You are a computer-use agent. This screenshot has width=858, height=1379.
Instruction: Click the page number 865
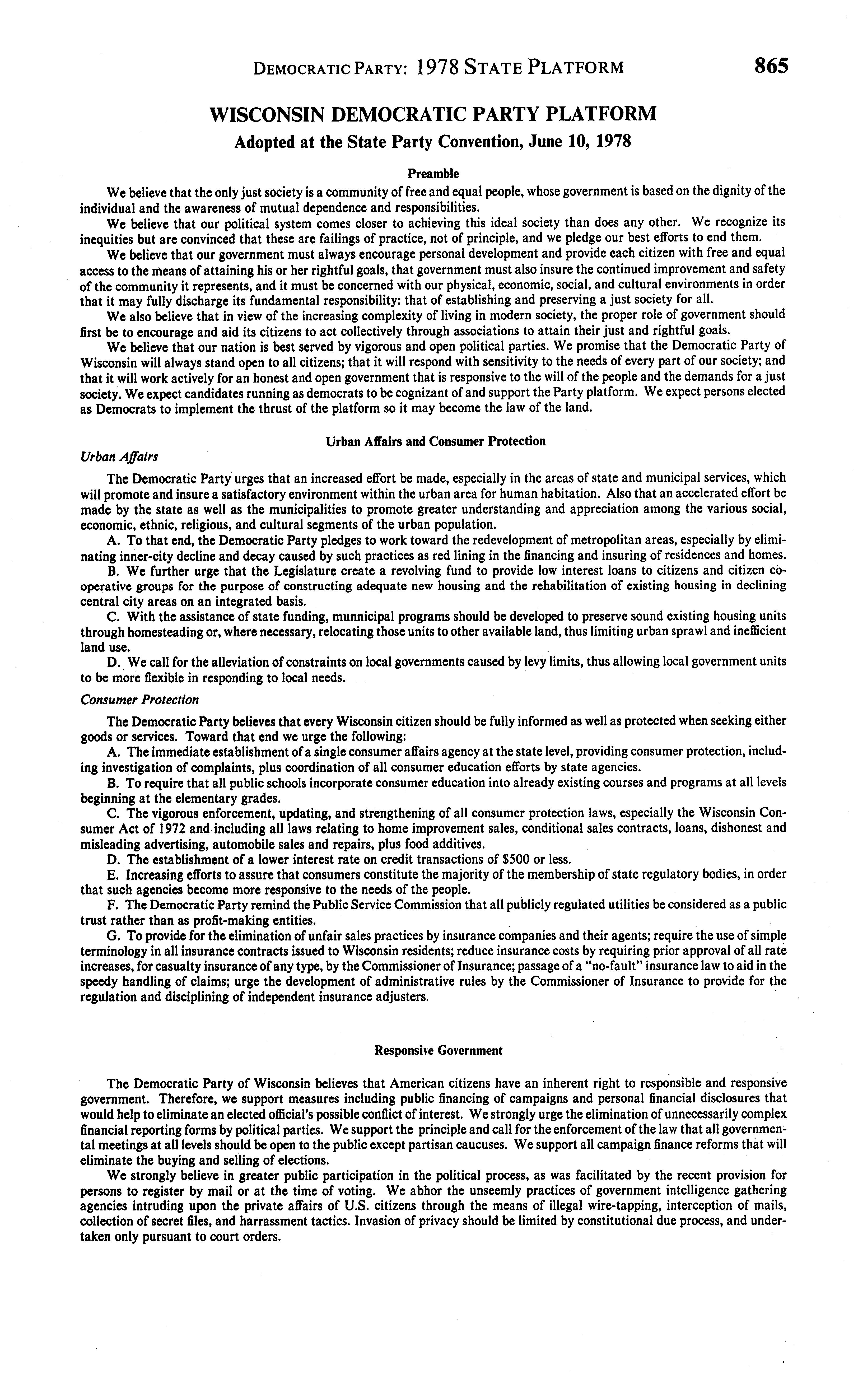(771, 66)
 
